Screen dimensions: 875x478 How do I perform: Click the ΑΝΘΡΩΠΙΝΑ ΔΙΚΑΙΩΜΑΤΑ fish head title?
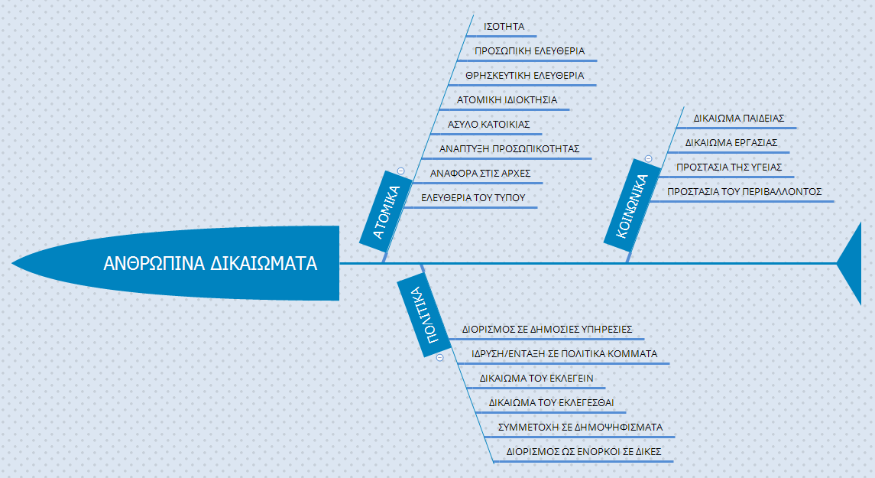click(210, 263)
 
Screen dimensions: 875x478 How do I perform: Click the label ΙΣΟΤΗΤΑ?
click(504, 26)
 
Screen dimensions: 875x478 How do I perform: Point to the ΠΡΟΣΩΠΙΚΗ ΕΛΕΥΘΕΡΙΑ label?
click(530, 50)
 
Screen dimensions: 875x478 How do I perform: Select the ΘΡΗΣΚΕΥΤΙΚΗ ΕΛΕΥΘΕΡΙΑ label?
click(524, 76)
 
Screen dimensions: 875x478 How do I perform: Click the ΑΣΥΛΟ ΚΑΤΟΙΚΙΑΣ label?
click(489, 125)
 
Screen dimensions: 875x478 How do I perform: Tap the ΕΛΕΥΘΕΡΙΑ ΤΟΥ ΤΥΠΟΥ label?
click(473, 197)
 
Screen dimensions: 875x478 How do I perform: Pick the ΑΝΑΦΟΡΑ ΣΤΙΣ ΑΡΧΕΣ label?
click(481, 174)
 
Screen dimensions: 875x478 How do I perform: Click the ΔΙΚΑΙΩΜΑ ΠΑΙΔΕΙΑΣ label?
click(739, 119)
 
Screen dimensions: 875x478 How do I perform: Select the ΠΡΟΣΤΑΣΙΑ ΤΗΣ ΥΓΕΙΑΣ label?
click(729, 167)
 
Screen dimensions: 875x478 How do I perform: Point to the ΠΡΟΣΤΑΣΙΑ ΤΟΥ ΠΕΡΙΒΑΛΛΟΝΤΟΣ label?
click(744, 191)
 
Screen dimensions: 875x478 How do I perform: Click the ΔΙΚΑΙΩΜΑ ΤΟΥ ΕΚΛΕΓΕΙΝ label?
click(536, 379)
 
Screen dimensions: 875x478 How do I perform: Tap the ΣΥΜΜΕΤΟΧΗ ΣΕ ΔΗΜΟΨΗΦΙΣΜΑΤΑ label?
click(580, 428)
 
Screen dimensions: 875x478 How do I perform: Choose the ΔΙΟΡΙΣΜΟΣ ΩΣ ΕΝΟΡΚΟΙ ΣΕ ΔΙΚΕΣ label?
click(584, 452)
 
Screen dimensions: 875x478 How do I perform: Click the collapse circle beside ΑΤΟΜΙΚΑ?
click(400, 171)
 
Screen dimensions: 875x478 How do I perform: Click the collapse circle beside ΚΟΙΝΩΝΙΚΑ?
click(649, 158)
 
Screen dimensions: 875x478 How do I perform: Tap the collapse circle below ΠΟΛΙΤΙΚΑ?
click(439, 357)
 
